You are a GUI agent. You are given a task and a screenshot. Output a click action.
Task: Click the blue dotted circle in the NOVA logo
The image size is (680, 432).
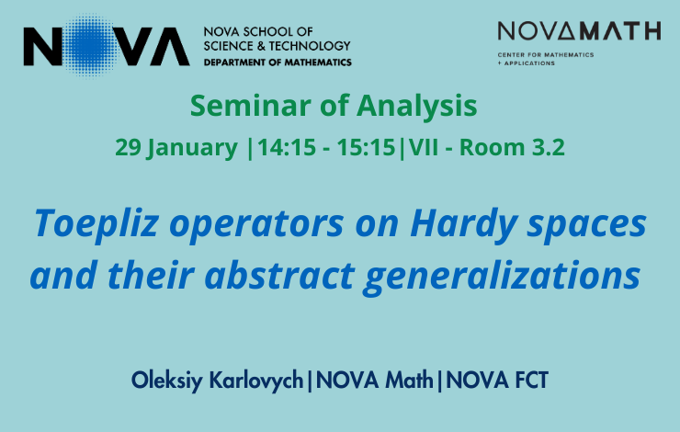89,46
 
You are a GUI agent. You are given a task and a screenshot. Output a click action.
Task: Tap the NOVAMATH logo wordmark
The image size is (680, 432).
579,31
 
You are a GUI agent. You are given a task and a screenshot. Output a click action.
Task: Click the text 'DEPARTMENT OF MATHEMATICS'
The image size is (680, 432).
278,63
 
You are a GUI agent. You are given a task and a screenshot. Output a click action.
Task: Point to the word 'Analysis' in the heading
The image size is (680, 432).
417,107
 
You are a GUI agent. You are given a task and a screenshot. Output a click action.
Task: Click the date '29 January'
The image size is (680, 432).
176,147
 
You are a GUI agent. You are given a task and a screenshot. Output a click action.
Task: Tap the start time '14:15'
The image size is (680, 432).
287,147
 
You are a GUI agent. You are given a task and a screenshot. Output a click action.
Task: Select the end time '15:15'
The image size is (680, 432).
367,147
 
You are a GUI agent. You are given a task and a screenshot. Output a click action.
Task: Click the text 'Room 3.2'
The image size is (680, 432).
512,147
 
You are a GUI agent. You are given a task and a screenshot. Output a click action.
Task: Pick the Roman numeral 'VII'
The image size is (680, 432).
424,147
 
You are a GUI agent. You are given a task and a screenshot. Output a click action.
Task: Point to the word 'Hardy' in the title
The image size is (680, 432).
463,224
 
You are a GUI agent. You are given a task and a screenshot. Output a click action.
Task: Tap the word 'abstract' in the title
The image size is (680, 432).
279,276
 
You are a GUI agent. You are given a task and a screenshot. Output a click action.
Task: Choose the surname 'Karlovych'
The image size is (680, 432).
256,381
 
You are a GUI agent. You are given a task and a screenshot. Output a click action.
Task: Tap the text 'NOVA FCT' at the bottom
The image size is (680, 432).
497,381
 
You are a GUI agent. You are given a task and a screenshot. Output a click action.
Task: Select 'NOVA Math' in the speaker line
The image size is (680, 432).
375,381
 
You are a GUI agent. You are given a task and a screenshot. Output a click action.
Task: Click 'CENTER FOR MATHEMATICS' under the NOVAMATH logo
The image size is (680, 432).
546,54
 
